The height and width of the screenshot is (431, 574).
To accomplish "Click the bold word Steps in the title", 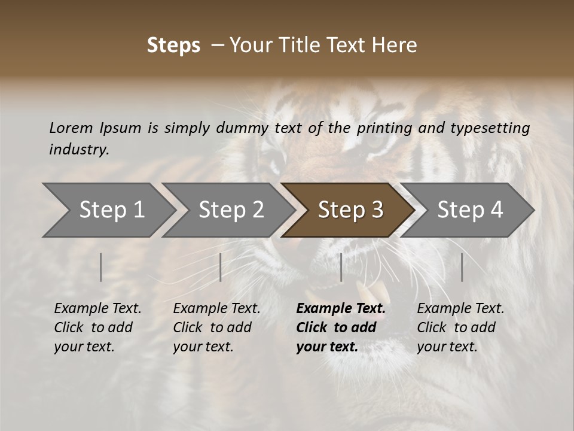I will tap(173, 45).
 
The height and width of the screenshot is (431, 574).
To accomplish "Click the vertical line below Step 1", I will tap(101, 267).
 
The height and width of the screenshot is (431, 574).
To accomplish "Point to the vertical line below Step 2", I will tap(221, 267).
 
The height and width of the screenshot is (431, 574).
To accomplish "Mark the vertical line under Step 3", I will tap(341, 267).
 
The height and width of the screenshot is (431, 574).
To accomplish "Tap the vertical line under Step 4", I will tap(462, 267).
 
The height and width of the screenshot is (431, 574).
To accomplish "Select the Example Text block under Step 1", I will tap(97, 327).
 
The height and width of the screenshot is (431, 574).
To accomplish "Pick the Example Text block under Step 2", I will tap(216, 327).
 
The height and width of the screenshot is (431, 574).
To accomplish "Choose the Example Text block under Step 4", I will tap(460, 327).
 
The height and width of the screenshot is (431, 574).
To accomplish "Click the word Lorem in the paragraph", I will tap(71, 128).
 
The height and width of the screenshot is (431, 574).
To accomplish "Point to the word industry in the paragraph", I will tap(79, 150).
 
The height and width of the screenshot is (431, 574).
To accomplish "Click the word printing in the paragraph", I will tap(384, 128).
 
